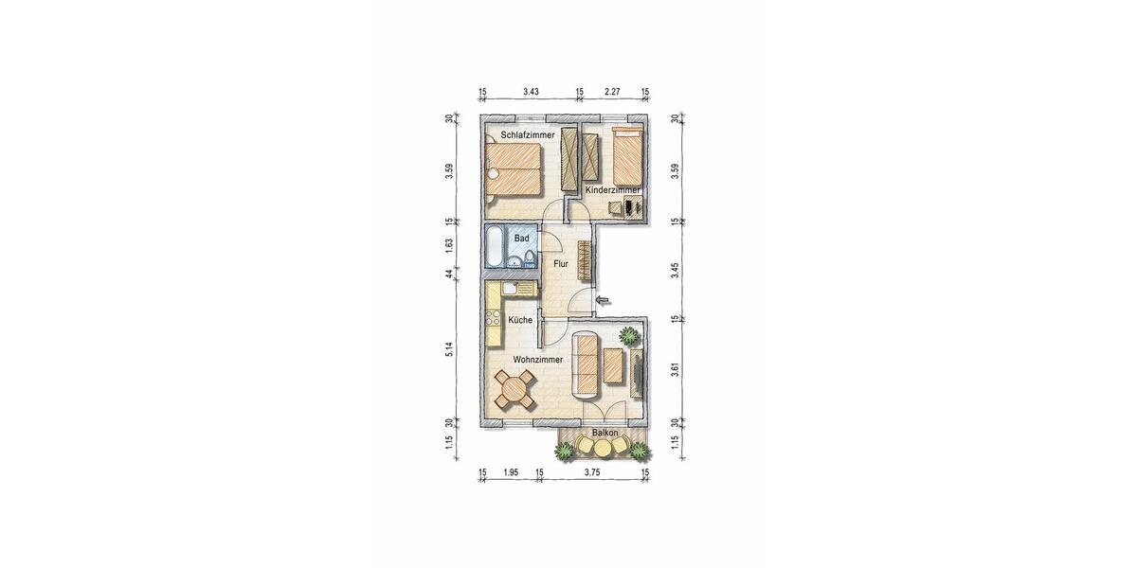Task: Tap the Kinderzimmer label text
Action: pos(613,190)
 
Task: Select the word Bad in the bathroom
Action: pos(522,239)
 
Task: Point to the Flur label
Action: pos(561,264)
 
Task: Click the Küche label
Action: pos(520,321)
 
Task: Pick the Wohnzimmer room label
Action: pos(537,360)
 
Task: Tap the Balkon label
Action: pos(605,434)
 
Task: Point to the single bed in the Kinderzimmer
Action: pos(630,156)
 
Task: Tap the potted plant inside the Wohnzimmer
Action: pos(628,334)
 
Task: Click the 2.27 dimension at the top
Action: pos(612,92)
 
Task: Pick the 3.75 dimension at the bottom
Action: pos(592,472)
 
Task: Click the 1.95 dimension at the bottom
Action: pos(511,472)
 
